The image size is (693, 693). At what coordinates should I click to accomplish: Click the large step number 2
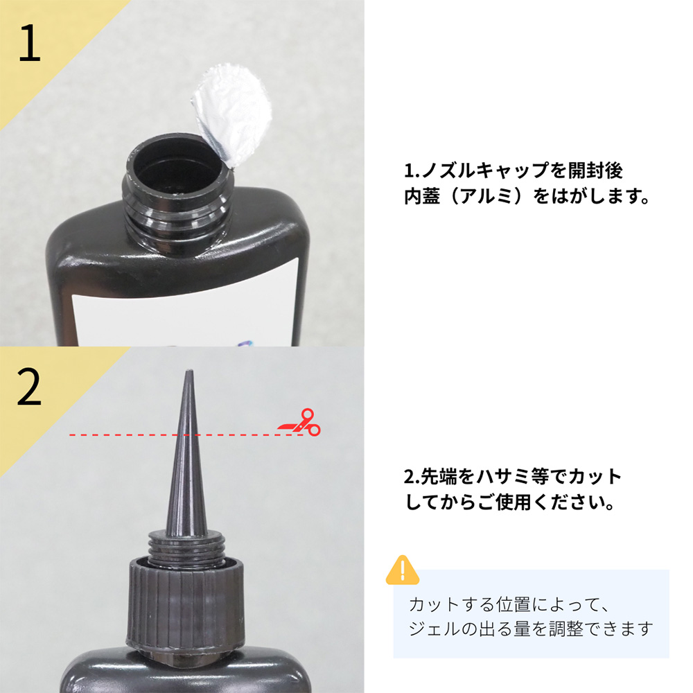point(29,389)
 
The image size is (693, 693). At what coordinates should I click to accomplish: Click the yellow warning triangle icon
point(402,570)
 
